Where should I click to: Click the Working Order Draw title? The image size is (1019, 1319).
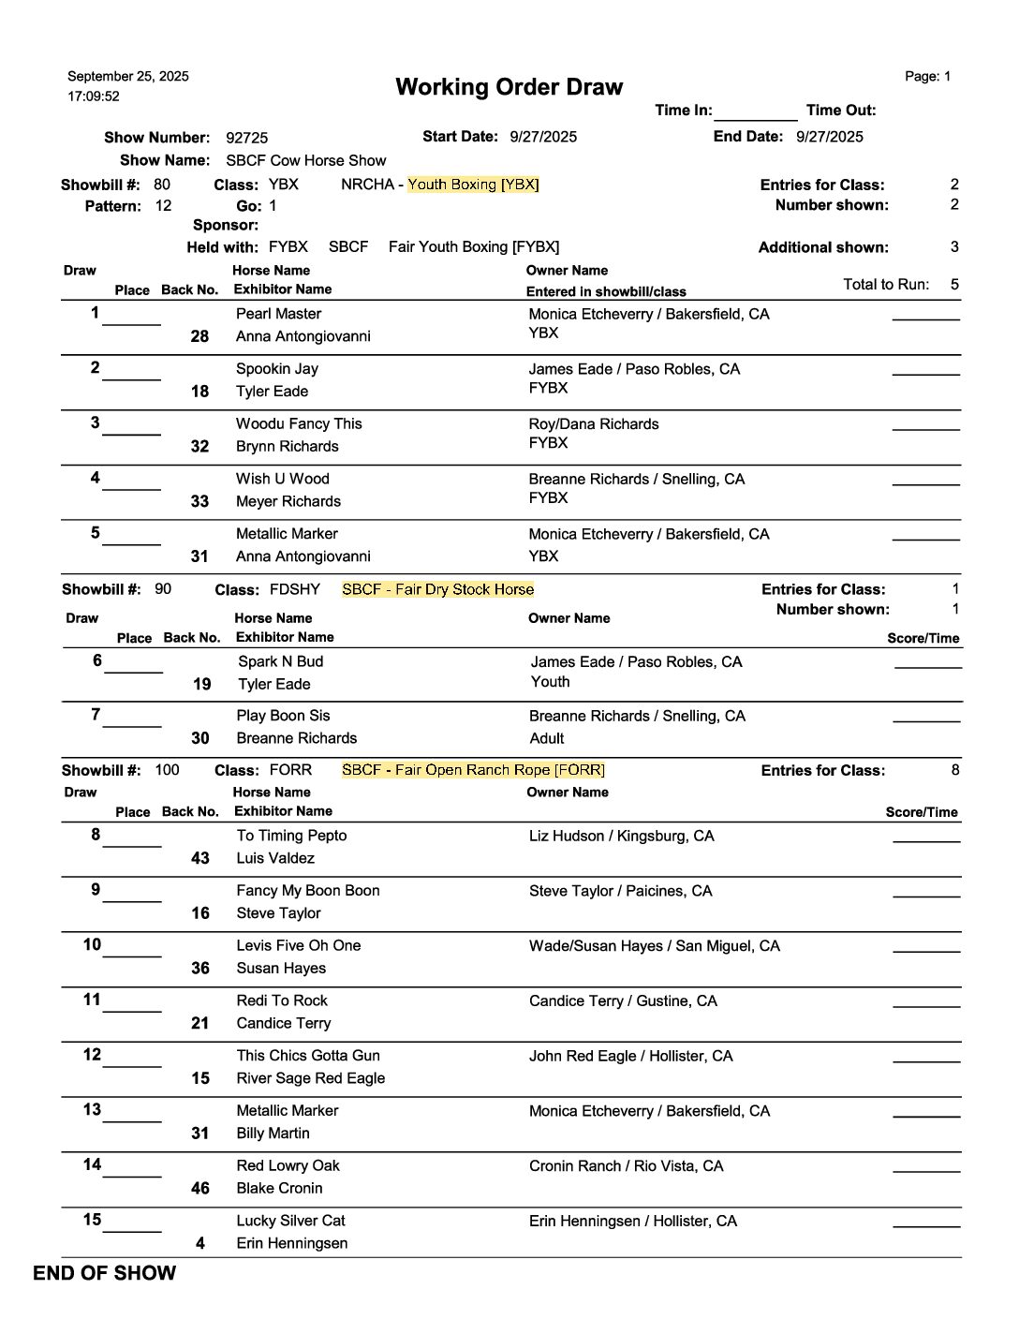pos(509,87)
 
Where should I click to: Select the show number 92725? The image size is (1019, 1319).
pos(246,138)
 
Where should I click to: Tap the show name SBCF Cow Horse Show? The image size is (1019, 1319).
pos(305,160)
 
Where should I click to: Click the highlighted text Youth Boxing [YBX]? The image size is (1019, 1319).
pos(473,185)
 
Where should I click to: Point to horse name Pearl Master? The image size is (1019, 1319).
pos(278,314)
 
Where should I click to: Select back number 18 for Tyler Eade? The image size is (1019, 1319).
pos(199,392)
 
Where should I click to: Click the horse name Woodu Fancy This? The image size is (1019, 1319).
pos(299,423)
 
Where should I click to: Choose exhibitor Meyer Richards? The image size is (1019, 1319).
pos(288,501)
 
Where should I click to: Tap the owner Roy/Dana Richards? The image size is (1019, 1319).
pos(593,423)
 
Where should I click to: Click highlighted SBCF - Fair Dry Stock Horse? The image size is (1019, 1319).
pos(437,589)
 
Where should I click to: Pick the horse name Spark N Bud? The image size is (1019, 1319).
pos(280,661)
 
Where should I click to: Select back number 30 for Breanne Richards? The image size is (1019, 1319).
pos(199,738)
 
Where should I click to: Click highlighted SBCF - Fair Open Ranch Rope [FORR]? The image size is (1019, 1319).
pos(473,770)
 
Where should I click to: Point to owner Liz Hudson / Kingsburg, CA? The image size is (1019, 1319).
pos(621,836)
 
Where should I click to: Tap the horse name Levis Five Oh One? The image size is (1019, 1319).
pos(298,945)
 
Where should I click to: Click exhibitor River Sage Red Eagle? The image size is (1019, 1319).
pos(310,1078)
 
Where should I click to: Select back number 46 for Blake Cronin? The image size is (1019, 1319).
pos(199,1188)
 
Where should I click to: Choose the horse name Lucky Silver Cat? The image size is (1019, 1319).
pos(290,1221)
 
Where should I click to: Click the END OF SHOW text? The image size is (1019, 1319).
pos(104,1273)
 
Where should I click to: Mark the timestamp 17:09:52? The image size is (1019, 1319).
pos(94,96)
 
